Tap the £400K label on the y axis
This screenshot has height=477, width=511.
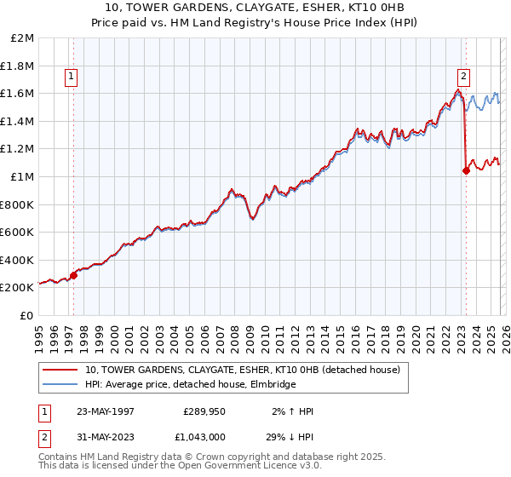[18, 260]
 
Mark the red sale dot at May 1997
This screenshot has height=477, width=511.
[73, 275]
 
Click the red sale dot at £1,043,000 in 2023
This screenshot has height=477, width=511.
[466, 170]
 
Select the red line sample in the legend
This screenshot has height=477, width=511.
[61, 370]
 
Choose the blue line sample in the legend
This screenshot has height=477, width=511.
[61, 385]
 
